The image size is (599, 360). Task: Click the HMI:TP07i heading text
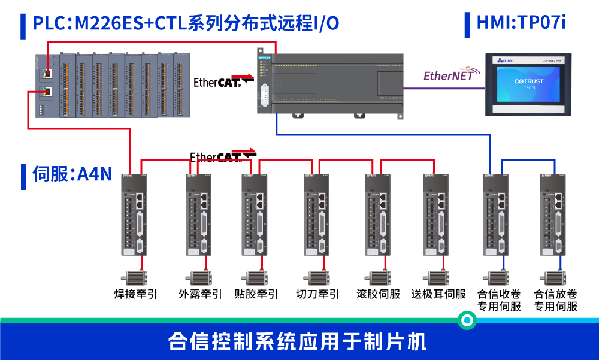521,23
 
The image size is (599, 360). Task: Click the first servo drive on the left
135,214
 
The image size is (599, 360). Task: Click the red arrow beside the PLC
243,77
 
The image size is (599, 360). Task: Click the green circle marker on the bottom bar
467,320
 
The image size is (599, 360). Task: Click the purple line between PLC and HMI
443,89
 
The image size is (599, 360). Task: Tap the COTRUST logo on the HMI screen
528,81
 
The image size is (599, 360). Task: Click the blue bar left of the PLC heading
23,25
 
